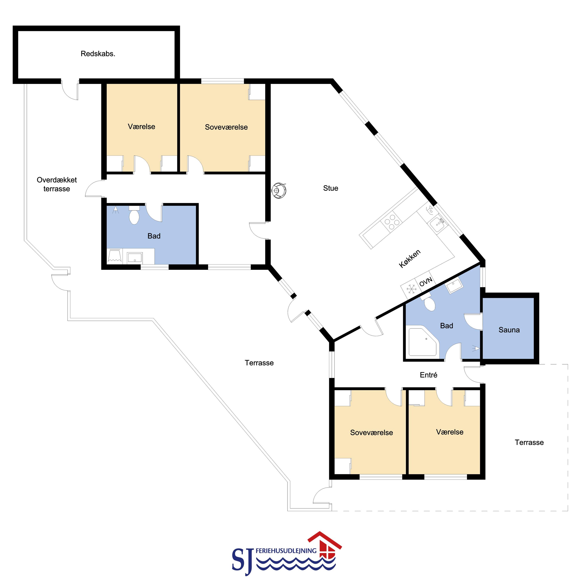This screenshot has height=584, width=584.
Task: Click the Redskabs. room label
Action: [x=98, y=54]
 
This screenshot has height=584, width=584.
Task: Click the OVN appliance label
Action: [x=426, y=282]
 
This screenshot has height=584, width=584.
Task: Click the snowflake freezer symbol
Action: [x=411, y=289]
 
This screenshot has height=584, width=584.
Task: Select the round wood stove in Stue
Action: [x=279, y=190]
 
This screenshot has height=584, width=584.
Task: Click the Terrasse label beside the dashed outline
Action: [x=529, y=442]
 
